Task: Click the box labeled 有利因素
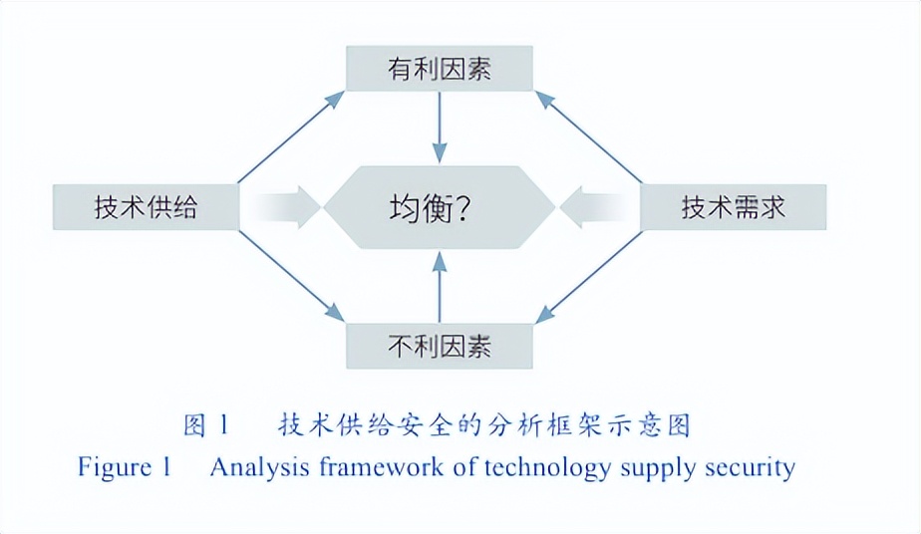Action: pyautogui.click(x=440, y=70)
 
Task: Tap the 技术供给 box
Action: pyautogui.click(x=146, y=208)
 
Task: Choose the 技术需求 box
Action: pyautogui.click(x=734, y=208)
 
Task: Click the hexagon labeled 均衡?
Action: pyautogui.click(x=440, y=208)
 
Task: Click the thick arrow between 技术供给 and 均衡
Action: pyautogui.click(x=283, y=208)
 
